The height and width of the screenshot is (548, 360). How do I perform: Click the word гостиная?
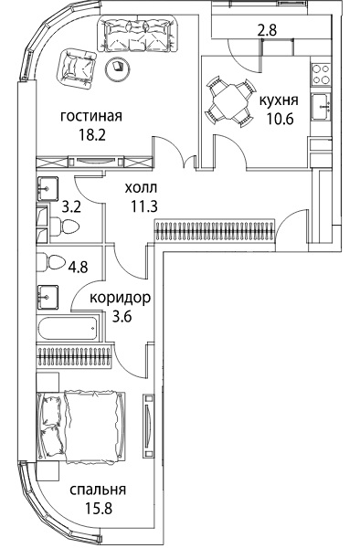[91, 117]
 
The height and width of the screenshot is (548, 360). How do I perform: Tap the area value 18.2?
[91, 134]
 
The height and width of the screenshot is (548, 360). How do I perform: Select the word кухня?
[279, 100]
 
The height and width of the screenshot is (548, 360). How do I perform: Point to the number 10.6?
[279, 119]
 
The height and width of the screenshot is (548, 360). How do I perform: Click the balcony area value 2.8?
[267, 30]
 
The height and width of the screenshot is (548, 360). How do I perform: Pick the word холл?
[142, 188]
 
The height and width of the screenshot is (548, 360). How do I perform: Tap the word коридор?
[121, 298]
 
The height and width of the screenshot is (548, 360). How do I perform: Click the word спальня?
[98, 490]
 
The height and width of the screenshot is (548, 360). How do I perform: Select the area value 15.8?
[98, 508]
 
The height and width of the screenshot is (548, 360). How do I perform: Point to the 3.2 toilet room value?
[71, 207]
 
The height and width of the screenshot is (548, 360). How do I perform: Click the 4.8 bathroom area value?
[78, 268]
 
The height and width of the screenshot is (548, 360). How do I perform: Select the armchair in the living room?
[76, 68]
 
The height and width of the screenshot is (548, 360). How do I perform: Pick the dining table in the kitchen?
[229, 101]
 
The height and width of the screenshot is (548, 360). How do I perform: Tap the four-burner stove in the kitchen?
[322, 74]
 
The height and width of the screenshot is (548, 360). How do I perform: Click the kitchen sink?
[322, 107]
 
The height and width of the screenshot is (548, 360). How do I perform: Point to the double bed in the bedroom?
[81, 427]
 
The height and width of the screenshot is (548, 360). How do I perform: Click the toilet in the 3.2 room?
[64, 227]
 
